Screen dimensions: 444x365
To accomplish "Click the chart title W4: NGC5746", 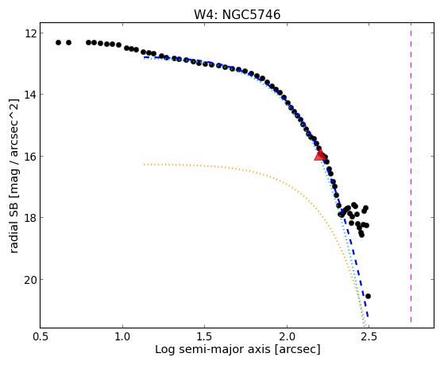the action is coord(237,14).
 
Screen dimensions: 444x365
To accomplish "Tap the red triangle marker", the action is coord(320,155).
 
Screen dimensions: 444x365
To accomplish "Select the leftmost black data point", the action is coord(58,42).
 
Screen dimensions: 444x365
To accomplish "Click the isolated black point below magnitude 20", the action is coord(368,296).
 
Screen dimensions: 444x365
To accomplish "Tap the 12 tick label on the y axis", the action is coord(30,33).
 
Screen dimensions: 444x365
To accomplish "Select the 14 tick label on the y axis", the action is coord(30,94).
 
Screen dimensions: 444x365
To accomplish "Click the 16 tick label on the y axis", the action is coord(30,157).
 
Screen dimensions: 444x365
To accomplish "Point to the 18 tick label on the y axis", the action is coord(30,218).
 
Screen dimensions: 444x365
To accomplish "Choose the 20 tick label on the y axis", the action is coord(30,279).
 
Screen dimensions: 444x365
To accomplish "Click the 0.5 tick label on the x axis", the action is coord(41,336).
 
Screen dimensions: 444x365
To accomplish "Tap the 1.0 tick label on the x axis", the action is coord(122,336).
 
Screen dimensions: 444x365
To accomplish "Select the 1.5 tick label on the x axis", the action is coord(205,336).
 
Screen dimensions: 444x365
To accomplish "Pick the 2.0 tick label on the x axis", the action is coord(287,336).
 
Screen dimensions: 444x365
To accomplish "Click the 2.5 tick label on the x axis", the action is coord(369,336).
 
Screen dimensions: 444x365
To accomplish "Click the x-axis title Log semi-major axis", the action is coord(212,349).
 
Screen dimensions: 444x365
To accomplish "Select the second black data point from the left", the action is coord(68,42).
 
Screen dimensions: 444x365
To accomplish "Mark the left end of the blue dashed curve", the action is coord(144,57).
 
